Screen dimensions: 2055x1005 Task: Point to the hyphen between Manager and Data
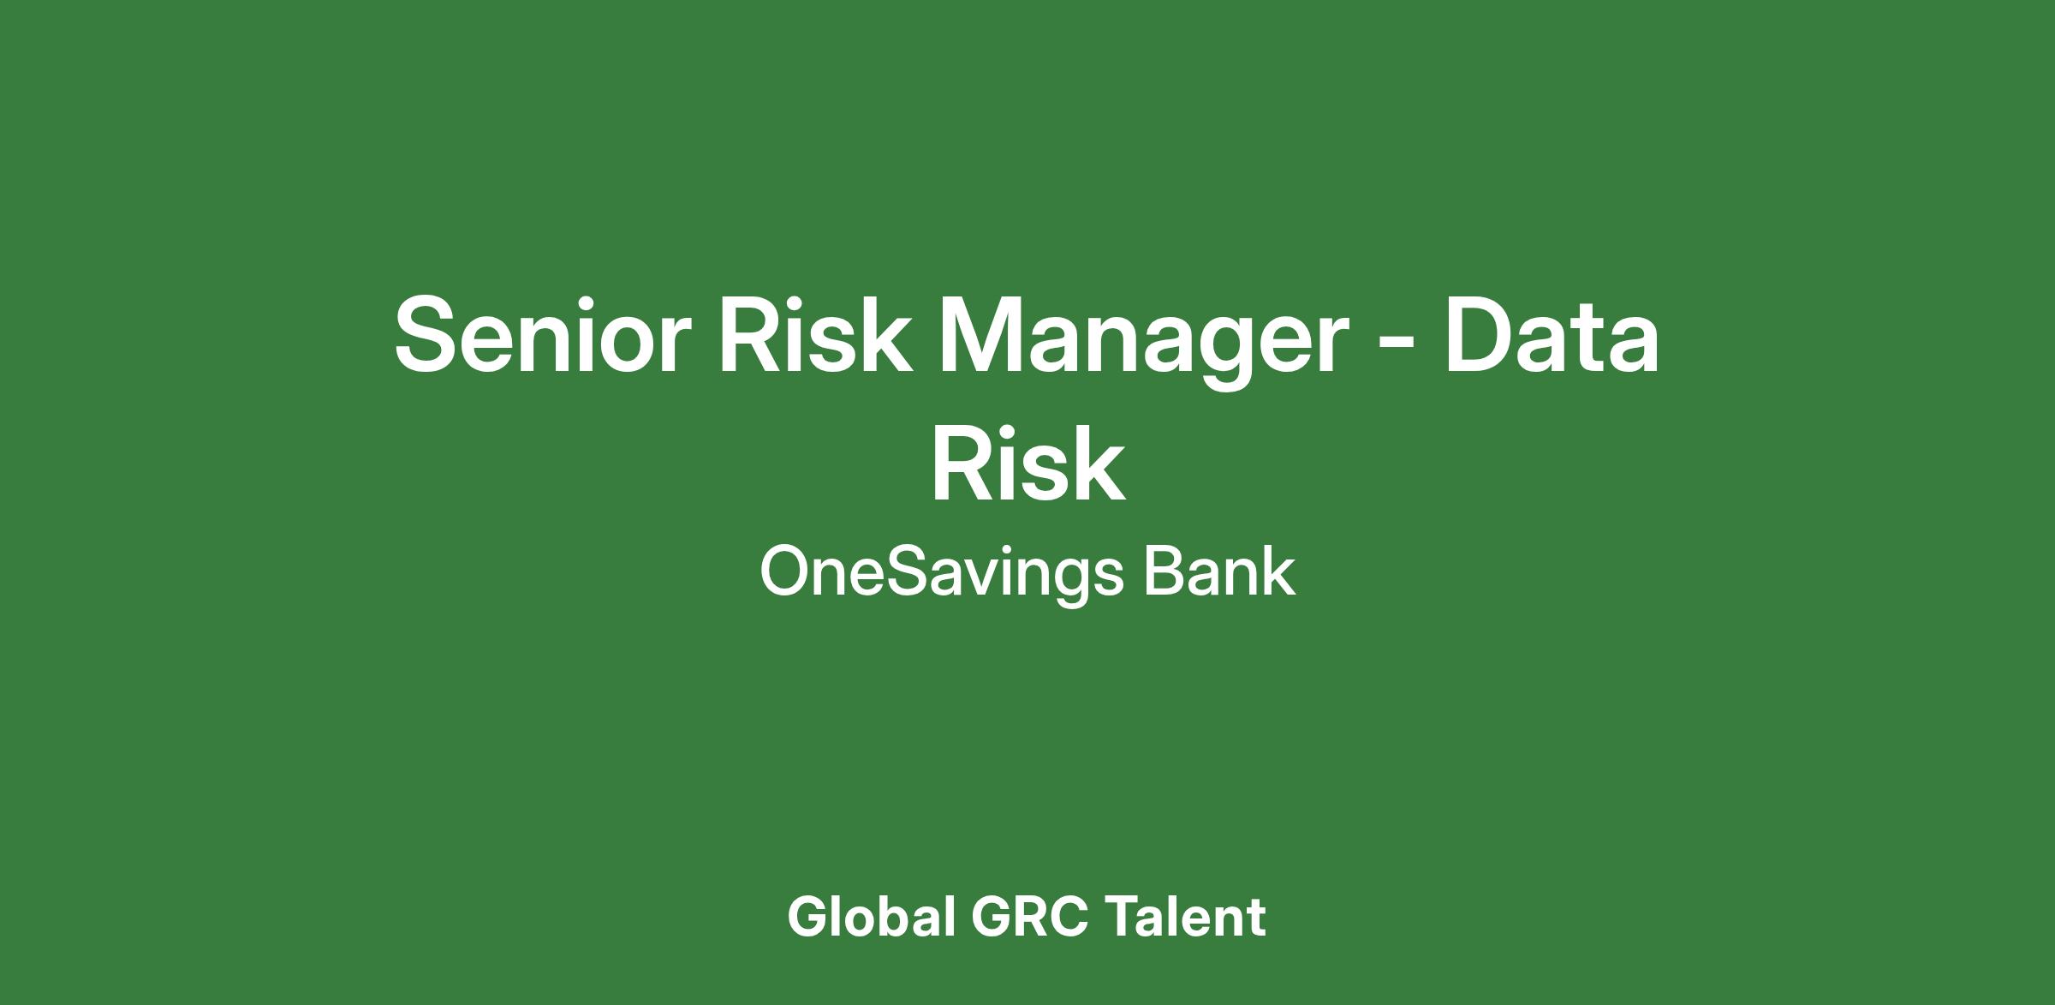(1398, 345)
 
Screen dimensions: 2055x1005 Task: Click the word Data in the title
(1552, 334)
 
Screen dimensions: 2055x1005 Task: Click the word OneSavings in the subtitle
(941, 574)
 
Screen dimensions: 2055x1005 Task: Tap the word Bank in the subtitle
(1219, 571)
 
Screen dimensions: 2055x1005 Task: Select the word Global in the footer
(871, 917)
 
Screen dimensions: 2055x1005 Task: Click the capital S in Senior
(427, 334)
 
